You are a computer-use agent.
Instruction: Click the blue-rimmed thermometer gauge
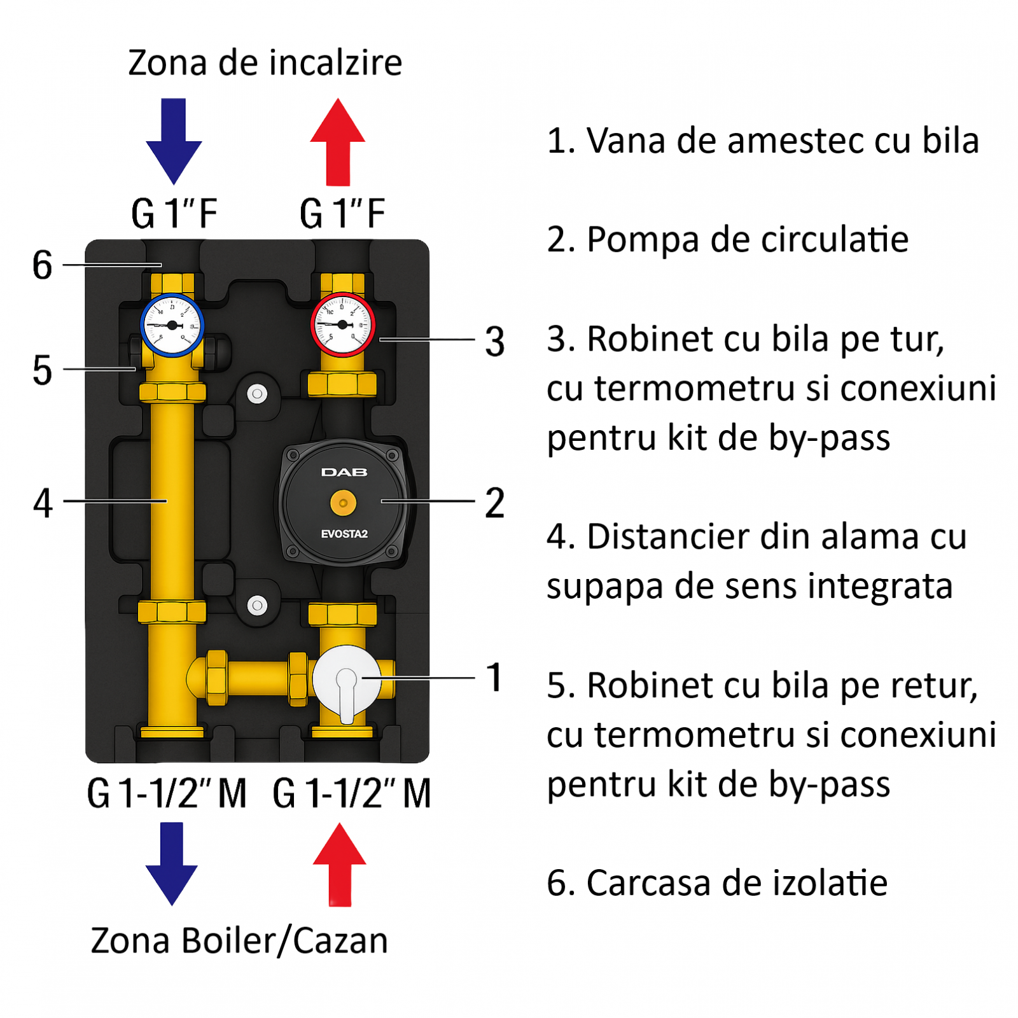(172, 325)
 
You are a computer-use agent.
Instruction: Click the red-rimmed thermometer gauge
(342, 324)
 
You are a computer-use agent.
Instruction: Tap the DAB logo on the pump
(344, 472)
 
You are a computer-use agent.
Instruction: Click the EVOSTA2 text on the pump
(344, 534)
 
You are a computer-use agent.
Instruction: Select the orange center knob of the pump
(344, 503)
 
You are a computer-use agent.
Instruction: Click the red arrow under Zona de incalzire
(338, 141)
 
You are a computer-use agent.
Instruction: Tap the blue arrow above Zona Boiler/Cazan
(172, 863)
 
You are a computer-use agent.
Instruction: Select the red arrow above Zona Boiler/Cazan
(340, 864)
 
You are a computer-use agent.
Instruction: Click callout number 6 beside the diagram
(43, 265)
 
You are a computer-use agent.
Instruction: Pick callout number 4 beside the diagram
(43, 503)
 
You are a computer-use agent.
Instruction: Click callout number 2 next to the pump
(495, 503)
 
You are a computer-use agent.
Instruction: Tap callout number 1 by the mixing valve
(495, 677)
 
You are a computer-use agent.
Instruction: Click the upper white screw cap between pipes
(257, 394)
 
